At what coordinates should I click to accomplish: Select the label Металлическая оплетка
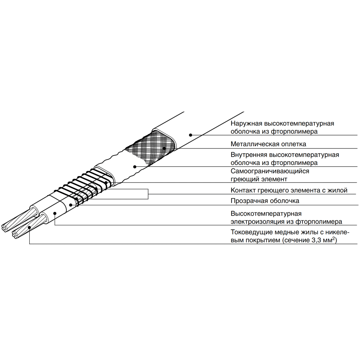[x=268, y=144]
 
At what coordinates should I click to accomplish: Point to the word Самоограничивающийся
[x=270, y=171]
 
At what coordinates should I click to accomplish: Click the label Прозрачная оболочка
[x=265, y=201]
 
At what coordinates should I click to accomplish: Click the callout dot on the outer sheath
[x=190, y=135]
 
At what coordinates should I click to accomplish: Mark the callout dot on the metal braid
[x=164, y=148]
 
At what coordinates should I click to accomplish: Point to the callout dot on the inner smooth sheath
[x=135, y=167]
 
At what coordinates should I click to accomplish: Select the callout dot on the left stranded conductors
[x=30, y=228]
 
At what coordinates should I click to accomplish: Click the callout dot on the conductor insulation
[x=55, y=213]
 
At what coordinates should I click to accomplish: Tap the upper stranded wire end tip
[x=5, y=227]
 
